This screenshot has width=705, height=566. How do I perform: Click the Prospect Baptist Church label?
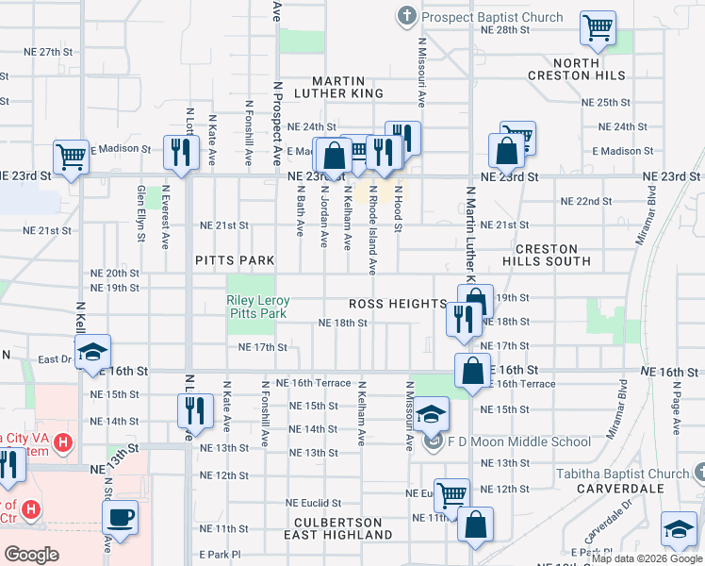coord(491,17)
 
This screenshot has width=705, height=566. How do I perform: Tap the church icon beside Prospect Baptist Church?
coord(406,15)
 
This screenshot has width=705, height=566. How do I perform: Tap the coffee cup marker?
coord(121,517)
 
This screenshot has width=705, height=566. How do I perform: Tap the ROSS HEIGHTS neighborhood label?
coord(397,304)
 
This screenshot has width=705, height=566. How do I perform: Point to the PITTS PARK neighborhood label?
coord(235,260)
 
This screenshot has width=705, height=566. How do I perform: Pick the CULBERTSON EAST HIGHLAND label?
coord(337,528)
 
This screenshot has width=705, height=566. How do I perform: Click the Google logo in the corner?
coord(32,555)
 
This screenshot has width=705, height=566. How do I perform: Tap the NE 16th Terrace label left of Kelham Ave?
coord(313,384)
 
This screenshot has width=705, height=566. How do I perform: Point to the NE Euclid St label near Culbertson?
coord(314,503)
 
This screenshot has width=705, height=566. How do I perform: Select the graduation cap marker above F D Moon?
coord(431,414)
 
